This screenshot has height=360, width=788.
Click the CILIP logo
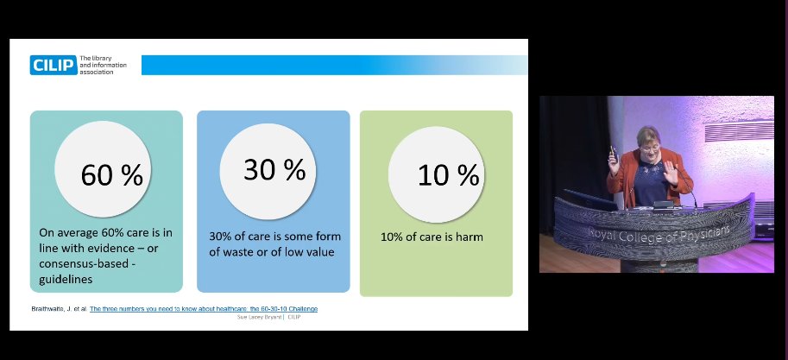click(x=53, y=66)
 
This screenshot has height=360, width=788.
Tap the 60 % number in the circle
click(x=111, y=175)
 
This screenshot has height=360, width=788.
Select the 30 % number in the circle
click(x=274, y=169)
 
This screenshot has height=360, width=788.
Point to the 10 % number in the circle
click(x=448, y=175)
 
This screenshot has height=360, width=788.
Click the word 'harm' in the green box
click(x=467, y=237)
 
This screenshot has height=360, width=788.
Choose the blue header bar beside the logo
click(x=333, y=66)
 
